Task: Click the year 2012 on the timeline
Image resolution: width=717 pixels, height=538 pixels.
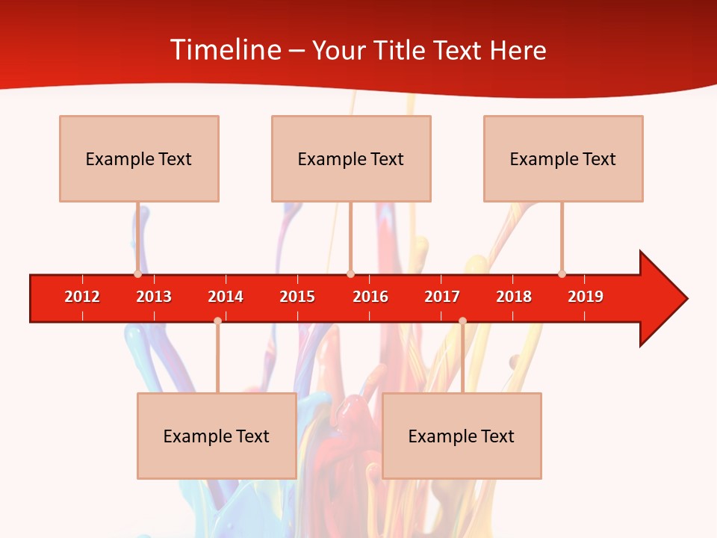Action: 82,297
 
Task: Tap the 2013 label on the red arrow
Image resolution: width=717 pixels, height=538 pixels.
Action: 154,297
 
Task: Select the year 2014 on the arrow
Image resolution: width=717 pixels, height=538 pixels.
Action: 226,297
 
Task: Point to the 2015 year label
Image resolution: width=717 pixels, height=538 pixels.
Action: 297,297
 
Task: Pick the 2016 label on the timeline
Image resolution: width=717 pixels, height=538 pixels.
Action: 370,297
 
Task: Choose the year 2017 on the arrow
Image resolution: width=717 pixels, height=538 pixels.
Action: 442,297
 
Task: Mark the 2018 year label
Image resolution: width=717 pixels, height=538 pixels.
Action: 514,297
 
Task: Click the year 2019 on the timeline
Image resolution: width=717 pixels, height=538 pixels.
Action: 586,297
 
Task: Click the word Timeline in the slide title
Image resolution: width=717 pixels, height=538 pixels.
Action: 225,50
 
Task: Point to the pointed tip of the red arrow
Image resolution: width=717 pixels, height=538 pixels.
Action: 686,299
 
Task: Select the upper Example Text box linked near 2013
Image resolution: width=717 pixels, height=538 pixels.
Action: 139,158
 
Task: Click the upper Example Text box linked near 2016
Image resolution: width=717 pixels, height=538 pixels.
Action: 351,158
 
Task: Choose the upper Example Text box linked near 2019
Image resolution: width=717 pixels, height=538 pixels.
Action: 563,158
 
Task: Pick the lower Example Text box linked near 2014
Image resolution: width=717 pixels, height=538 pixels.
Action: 217,436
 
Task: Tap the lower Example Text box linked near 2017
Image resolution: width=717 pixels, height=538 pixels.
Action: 462,436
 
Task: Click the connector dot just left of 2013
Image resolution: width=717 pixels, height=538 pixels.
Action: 137,274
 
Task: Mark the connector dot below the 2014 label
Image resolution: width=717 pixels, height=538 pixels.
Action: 217,321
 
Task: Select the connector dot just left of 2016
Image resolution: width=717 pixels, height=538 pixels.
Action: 350,274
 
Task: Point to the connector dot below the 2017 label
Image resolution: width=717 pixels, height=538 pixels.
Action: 462,321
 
